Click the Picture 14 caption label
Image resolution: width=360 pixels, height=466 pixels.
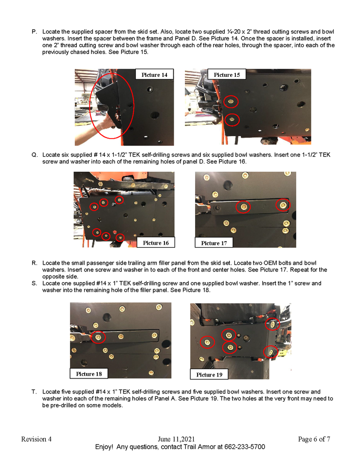tap(154, 74)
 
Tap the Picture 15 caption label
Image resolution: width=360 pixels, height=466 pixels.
tap(227, 74)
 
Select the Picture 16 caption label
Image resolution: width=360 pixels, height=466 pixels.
tap(156, 243)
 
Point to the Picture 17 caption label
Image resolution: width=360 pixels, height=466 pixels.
tap(214, 243)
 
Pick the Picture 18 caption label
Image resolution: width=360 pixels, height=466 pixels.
tap(89, 374)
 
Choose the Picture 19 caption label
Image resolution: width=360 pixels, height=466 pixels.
tap(209, 375)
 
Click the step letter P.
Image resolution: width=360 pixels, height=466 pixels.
tap(34, 32)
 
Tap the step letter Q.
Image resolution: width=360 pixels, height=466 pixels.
tap(35, 155)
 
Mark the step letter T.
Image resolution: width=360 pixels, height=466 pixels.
tap(34, 392)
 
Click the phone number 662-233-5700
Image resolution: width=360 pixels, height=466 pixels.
tap(245, 447)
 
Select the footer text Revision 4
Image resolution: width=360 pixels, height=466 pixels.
tap(36, 439)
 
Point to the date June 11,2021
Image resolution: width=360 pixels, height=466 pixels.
tap(176, 439)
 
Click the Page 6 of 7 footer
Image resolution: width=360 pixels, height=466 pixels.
tap(314, 439)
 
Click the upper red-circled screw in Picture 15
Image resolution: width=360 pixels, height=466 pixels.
tap(231, 102)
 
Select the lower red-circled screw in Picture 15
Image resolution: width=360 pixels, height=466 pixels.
tap(232, 120)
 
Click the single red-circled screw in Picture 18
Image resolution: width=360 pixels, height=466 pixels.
tap(98, 337)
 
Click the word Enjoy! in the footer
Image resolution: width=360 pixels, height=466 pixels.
tap(104, 447)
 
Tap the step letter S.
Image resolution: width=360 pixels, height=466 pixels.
tap(34, 283)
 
